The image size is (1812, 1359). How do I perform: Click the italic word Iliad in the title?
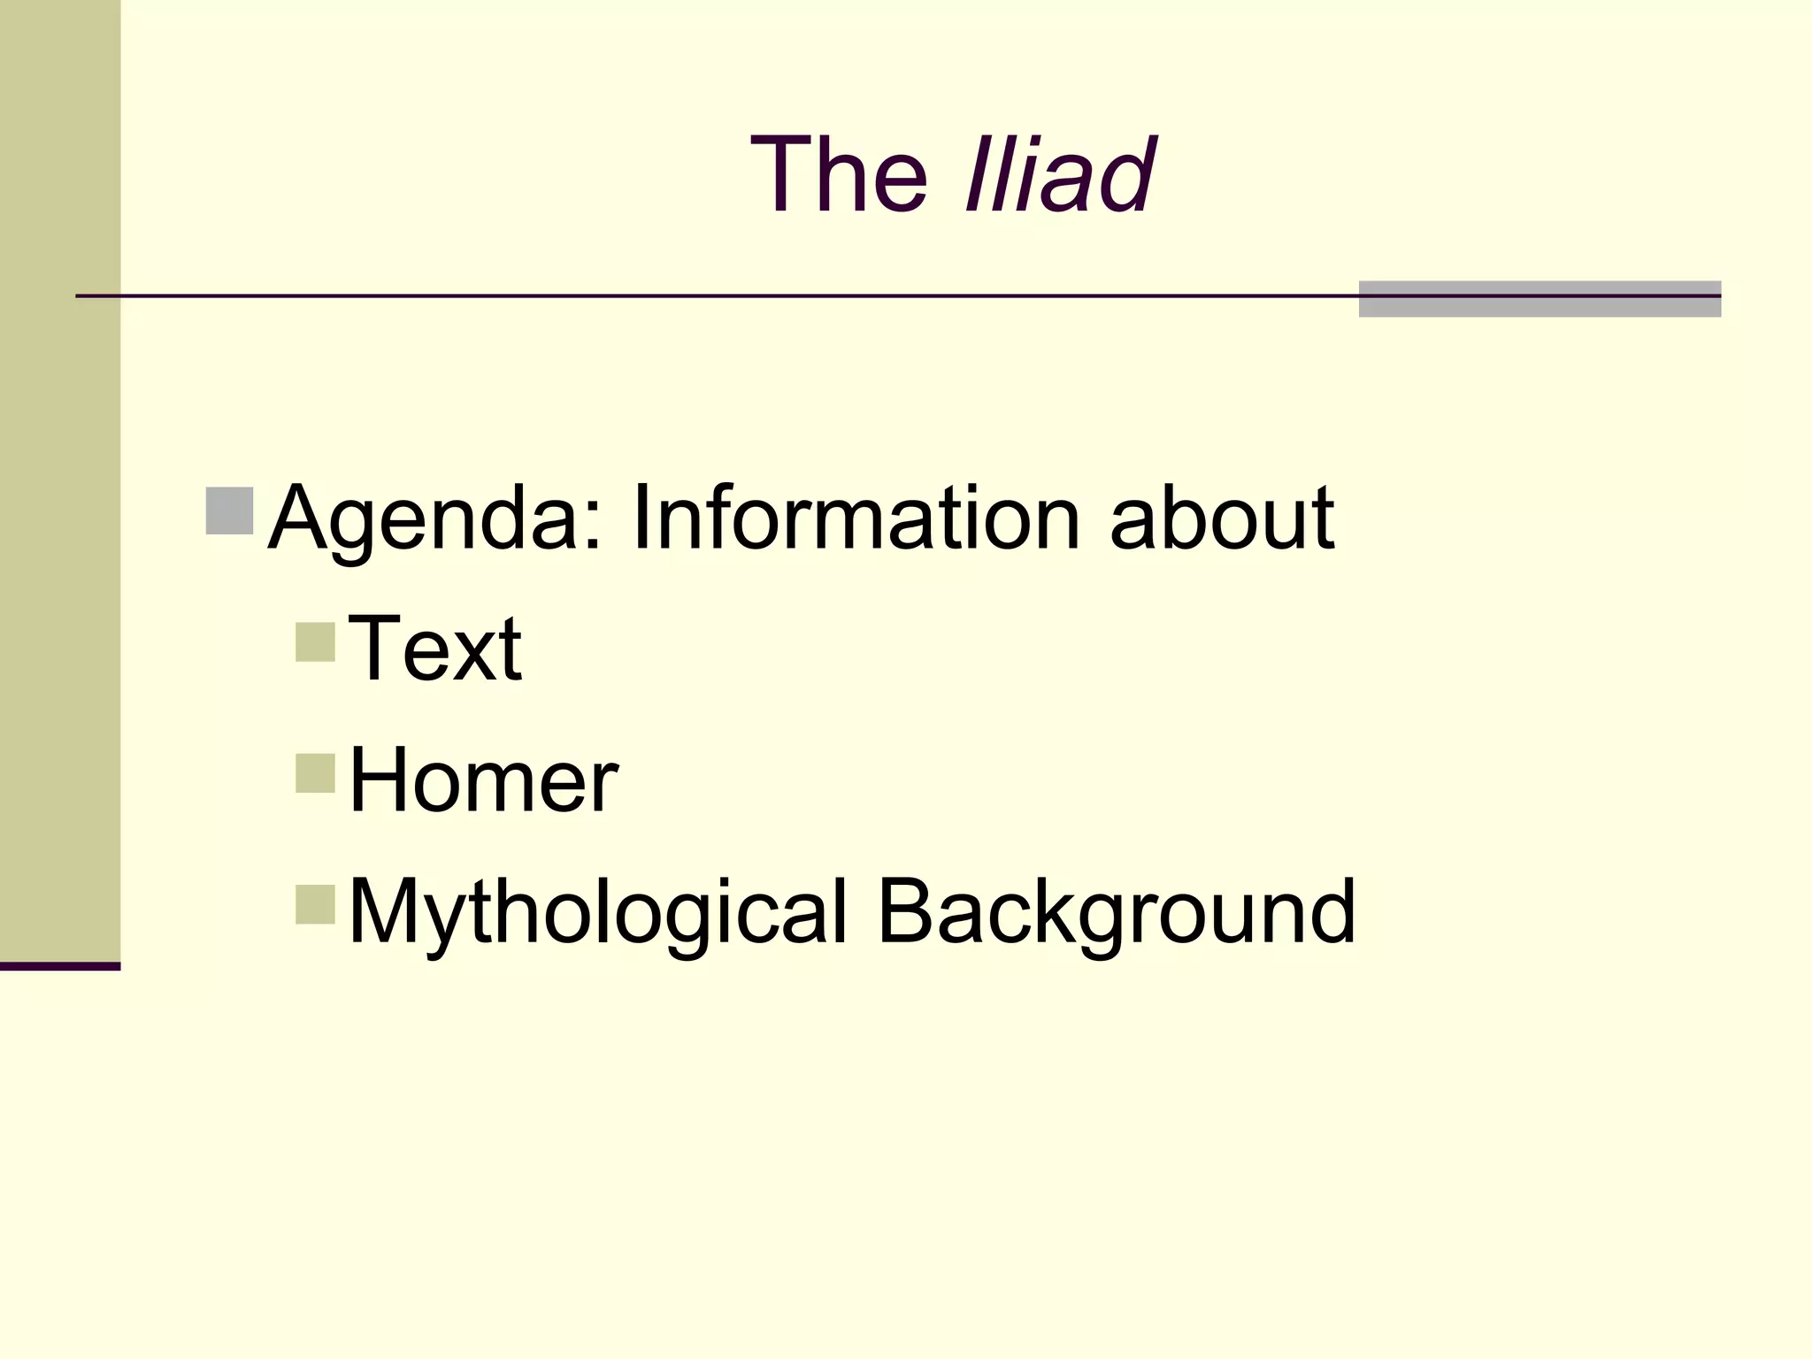coord(1058,174)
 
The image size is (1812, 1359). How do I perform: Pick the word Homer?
coord(483,780)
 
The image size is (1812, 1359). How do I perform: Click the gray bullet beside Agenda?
coord(230,511)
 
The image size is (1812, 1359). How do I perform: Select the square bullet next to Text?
coord(316,641)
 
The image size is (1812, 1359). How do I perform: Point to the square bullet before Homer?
coord(316,773)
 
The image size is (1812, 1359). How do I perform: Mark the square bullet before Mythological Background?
coord(316,904)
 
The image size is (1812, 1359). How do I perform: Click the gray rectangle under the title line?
coord(1539,299)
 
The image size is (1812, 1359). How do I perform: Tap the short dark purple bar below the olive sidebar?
coord(60,966)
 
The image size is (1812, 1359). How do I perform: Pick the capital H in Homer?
coord(379,779)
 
